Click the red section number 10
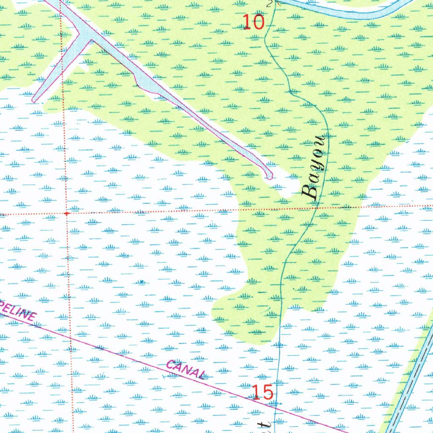click(x=254, y=22)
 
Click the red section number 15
click(x=262, y=392)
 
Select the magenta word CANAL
click(x=185, y=369)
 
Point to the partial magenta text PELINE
click(x=19, y=310)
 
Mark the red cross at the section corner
click(x=66, y=214)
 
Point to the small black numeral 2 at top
click(x=269, y=3)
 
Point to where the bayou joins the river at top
click(x=274, y=3)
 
